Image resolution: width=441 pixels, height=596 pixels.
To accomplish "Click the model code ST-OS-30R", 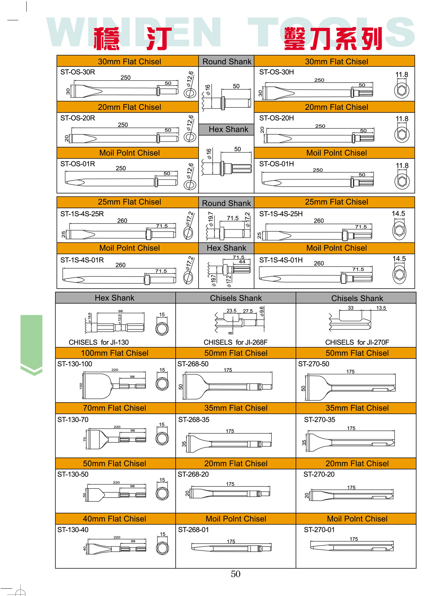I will click(78, 72).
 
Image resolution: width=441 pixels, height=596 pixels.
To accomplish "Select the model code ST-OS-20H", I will click(276, 118).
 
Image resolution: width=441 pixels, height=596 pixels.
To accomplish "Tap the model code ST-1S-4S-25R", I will click(82, 214).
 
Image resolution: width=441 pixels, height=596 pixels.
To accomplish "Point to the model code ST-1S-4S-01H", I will click(281, 260).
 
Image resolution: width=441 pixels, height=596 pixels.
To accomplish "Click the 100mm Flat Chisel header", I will click(114, 353).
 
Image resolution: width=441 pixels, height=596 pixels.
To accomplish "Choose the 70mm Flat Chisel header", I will click(114, 408).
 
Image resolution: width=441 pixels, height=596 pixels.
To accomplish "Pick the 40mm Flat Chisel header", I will click(114, 519).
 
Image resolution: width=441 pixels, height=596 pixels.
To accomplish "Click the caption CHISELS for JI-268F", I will click(235, 342).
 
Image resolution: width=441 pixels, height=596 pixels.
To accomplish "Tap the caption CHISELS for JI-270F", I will click(357, 342).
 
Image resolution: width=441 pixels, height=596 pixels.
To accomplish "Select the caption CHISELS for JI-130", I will click(98, 342).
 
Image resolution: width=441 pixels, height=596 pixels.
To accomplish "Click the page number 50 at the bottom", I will click(235, 574).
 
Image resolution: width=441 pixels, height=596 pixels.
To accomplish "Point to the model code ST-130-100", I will click(75, 364).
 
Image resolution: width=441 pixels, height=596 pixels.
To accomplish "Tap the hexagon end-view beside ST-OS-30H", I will click(402, 90).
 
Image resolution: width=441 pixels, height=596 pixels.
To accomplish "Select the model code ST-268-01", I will click(193, 529).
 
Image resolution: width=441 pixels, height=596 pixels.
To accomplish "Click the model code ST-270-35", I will click(319, 420).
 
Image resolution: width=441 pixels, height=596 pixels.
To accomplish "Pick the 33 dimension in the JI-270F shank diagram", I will click(351, 308).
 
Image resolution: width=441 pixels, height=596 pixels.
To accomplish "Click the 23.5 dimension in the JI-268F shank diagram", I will click(231, 311).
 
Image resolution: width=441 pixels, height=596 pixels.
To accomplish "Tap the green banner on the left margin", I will click(31, 342).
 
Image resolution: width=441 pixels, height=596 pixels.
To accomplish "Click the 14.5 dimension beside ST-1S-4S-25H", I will click(398, 213).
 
